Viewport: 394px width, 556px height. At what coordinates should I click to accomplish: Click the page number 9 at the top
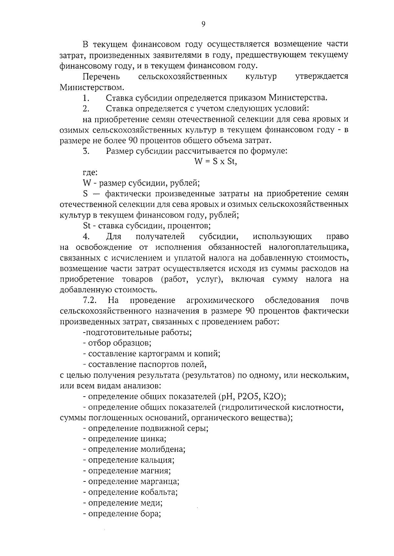coord(203,24)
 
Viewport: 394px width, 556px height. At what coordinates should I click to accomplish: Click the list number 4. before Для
coord(86,237)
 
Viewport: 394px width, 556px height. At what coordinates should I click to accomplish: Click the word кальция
coord(157,460)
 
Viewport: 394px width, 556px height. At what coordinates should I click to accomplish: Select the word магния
coord(156,471)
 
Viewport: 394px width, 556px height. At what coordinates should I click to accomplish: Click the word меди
coord(151,503)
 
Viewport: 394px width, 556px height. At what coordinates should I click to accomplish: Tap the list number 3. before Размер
coord(86,151)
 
